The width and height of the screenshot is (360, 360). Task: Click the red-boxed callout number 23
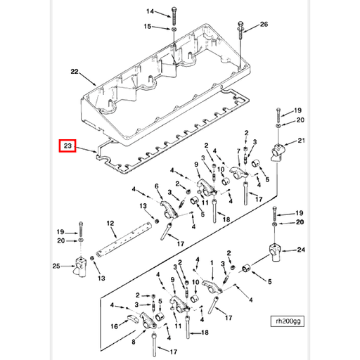coord(67,146)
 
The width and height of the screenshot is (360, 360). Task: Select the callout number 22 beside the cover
coord(75,72)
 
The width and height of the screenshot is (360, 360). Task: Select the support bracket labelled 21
coord(280,150)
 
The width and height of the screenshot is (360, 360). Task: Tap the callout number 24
coord(301,250)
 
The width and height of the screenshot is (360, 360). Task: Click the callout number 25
coord(57,266)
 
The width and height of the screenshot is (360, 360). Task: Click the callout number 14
coord(149,12)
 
